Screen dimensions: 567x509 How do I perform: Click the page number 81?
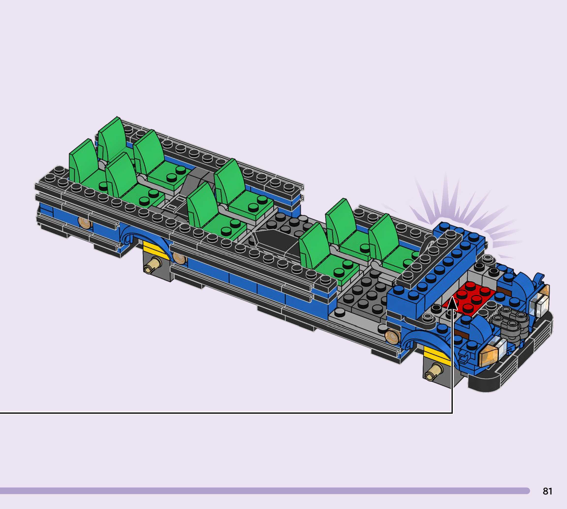point(548,491)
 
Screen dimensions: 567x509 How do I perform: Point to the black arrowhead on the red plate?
point(452,304)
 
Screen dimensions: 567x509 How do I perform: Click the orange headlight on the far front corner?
point(544,291)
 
